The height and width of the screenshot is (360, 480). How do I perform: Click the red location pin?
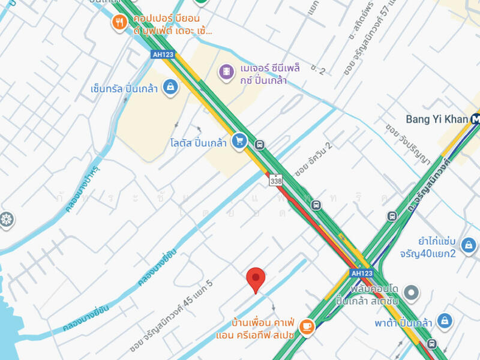(256, 279)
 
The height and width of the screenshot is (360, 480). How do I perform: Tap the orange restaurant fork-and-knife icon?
(119, 23)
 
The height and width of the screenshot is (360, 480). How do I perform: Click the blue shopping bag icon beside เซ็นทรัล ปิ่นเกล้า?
(171, 88)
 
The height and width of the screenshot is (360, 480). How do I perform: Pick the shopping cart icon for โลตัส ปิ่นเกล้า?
(239, 141)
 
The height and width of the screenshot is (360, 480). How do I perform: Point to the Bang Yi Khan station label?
(437, 119)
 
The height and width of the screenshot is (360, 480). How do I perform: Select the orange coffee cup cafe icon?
(307, 326)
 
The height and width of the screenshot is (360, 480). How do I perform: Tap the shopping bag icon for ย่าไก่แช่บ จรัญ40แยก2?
(469, 244)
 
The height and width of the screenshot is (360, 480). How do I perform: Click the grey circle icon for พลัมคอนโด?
(411, 293)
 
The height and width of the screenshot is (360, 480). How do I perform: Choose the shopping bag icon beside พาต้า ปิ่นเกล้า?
(445, 322)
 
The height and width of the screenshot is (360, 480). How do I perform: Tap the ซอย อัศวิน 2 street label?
(313, 160)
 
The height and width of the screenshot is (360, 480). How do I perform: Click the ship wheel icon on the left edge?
(6, 220)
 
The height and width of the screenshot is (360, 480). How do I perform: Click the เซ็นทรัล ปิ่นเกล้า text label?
(124, 89)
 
